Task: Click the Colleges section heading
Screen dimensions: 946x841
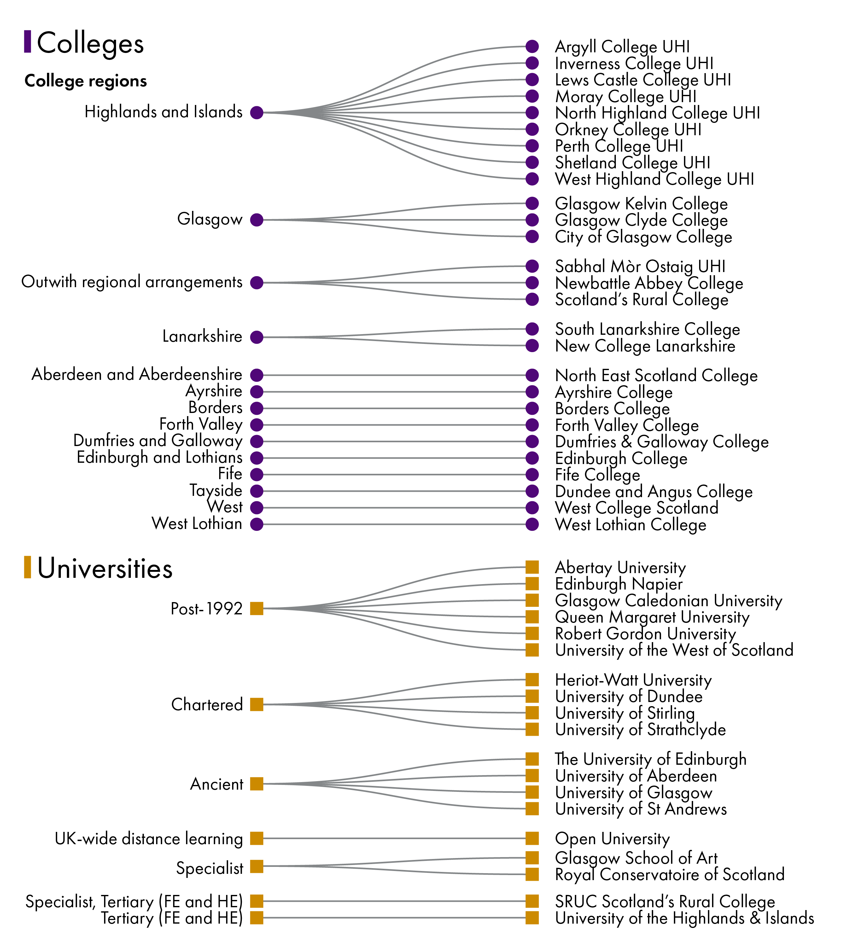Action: (x=90, y=44)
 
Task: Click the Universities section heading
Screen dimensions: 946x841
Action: (x=105, y=568)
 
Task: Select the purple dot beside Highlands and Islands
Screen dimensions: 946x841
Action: (x=257, y=113)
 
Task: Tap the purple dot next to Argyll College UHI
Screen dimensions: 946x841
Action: (x=532, y=46)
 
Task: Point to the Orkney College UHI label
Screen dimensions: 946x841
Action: (x=628, y=130)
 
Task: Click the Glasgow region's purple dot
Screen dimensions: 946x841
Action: (x=257, y=220)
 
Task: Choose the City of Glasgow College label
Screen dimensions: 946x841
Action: (x=643, y=237)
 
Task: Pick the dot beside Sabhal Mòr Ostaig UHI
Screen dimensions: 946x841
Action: (x=532, y=266)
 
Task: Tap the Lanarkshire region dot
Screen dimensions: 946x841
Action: (x=257, y=337)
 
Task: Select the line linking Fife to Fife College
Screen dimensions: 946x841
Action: (x=394, y=474)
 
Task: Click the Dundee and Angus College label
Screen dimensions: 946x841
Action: (x=654, y=491)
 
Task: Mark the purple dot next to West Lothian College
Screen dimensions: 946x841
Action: (x=532, y=524)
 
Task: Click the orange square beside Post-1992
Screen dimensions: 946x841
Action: (x=257, y=609)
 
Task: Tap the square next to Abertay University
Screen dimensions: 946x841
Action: (x=532, y=567)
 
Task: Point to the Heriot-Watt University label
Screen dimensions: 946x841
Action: (x=633, y=680)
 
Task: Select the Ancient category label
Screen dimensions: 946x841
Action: (x=217, y=784)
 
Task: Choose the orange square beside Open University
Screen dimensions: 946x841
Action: (x=532, y=838)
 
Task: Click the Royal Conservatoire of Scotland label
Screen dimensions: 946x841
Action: (x=670, y=875)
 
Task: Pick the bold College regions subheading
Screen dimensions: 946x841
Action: (x=86, y=81)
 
